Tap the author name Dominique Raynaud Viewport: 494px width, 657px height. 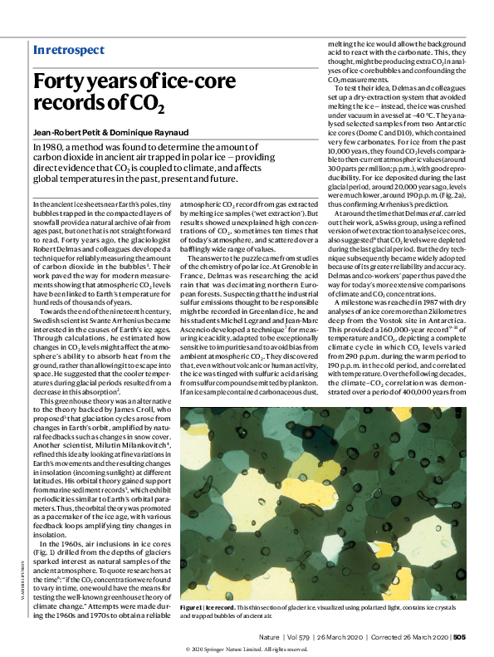[x=152, y=132]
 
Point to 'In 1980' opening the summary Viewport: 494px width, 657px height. [x=51, y=147]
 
